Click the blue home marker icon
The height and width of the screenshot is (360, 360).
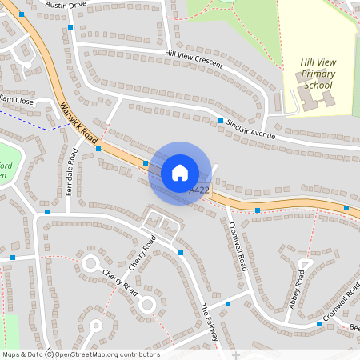pos(180,173)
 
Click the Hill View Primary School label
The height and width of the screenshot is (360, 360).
pos(317,74)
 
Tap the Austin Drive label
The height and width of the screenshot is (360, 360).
pos(66,5)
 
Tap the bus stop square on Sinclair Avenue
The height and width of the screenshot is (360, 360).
pos(221,120)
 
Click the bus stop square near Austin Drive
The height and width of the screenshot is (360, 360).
pos(70,27)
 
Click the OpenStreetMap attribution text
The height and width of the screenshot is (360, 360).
pos(81,354)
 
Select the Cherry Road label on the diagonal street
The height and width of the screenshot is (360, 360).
pos(142,253)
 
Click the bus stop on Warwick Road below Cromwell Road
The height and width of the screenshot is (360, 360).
pos(258,210)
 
